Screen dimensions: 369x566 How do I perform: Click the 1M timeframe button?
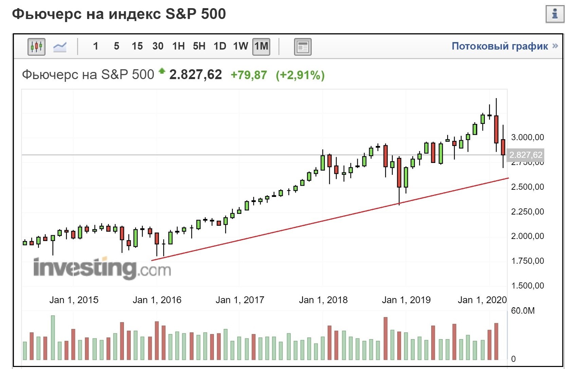pos(261,46)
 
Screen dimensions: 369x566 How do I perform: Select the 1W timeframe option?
pos(240,46)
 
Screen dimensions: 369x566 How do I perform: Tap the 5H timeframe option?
pos(199,46)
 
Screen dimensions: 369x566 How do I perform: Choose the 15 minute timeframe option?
pos(137,46)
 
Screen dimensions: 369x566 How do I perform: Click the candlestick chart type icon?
pos(36,47)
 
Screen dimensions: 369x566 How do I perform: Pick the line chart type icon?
pos(60,47)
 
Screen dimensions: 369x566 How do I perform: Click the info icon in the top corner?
pos(555,14)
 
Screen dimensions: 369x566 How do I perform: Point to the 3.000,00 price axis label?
pos(527,137)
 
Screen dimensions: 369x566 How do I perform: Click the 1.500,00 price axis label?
pos(527,286)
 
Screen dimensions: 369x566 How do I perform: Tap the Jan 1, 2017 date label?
pos(240,300)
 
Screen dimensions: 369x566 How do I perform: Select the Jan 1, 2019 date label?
pos(406,300)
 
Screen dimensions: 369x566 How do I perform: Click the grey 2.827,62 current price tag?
pos(526,155)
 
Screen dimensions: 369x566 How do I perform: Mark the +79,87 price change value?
pos(249,75)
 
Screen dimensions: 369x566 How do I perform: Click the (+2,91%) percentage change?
pos(300,75)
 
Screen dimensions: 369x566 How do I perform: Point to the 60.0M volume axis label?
pos(523,311)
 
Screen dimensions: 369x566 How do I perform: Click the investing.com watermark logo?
pos(102,269)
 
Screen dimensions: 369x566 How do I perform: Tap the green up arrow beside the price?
pos(162,71)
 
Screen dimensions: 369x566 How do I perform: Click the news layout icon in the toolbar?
pos(302,47)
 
